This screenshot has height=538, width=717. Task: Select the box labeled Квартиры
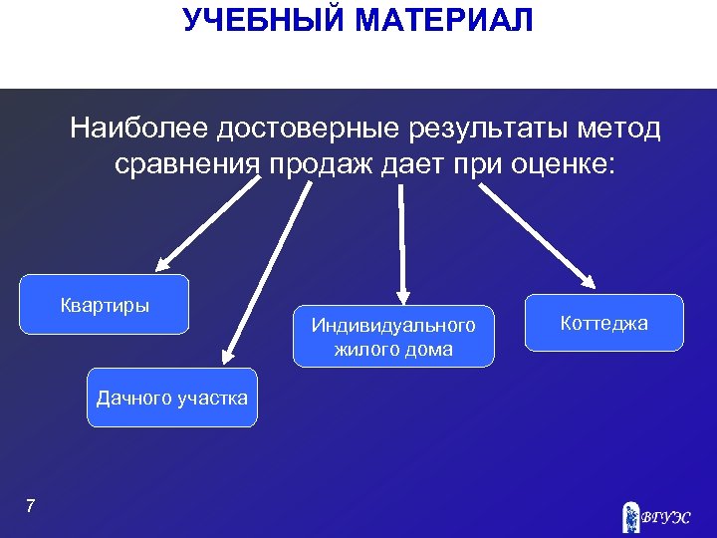(x=105, y=305)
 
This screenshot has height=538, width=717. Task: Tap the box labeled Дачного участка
(x=171, y=399)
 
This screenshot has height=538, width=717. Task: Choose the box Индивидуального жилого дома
(x=393, y=337)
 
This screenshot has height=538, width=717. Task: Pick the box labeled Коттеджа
(x=603, y=323)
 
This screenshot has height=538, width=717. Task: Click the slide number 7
(x=30, y=507)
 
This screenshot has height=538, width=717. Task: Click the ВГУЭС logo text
(x=665, y=517)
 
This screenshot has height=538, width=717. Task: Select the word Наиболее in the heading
(x=139, y=129)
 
